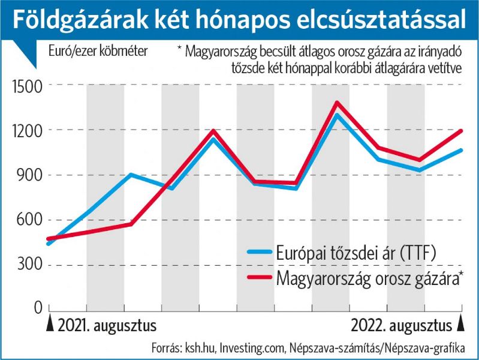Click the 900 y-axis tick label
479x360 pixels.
click(29, 175)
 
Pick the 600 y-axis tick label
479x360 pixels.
click(29, 220)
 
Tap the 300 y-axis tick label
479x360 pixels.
click(29, 265)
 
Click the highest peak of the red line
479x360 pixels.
click(337, 103)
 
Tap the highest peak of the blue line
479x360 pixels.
click(338, 115)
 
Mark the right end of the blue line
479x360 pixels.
click(461, 150)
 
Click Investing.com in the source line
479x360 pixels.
click(253, 347)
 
